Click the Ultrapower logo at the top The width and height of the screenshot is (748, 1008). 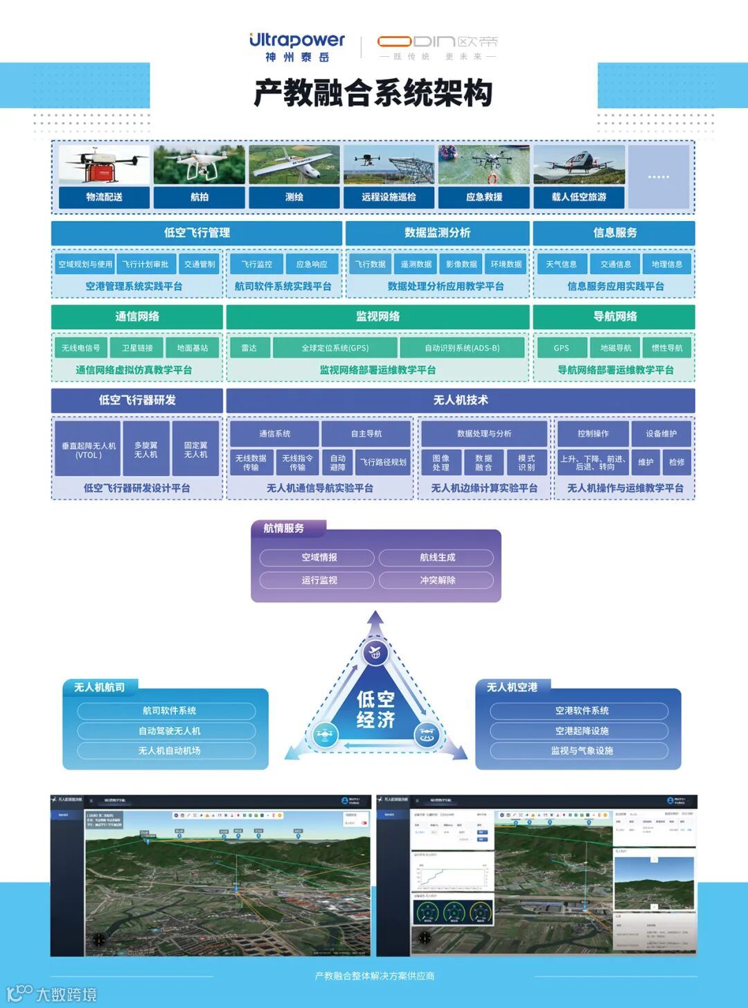click(296, 46)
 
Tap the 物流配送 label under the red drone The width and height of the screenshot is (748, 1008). click(104, 197)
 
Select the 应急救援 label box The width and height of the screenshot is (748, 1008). click(484, 197)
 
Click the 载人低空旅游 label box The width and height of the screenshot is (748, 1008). click(579, 197)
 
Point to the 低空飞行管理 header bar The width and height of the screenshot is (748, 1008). click(197, 233)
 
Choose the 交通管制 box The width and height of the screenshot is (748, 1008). click(199, 264)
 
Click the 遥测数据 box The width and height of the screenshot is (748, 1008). click(416, 264)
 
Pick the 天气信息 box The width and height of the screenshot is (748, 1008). click(561, 264)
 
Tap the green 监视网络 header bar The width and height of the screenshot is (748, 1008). click(377, 317)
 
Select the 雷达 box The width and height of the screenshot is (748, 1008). click(249, 348)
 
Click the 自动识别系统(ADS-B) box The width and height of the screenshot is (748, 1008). click(462, 348)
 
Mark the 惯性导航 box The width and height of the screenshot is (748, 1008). click(667, 348)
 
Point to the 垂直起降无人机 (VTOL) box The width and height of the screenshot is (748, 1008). click(89, 450)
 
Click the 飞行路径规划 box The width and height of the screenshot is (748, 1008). click(384, 462)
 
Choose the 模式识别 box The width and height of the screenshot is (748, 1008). click(526, 462)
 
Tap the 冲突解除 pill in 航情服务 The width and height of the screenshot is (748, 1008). click(437, 580)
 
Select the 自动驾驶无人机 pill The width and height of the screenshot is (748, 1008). click(169, 731)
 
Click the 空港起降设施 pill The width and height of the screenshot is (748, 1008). click(582, 731)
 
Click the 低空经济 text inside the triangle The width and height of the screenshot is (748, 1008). click(375, 709)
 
